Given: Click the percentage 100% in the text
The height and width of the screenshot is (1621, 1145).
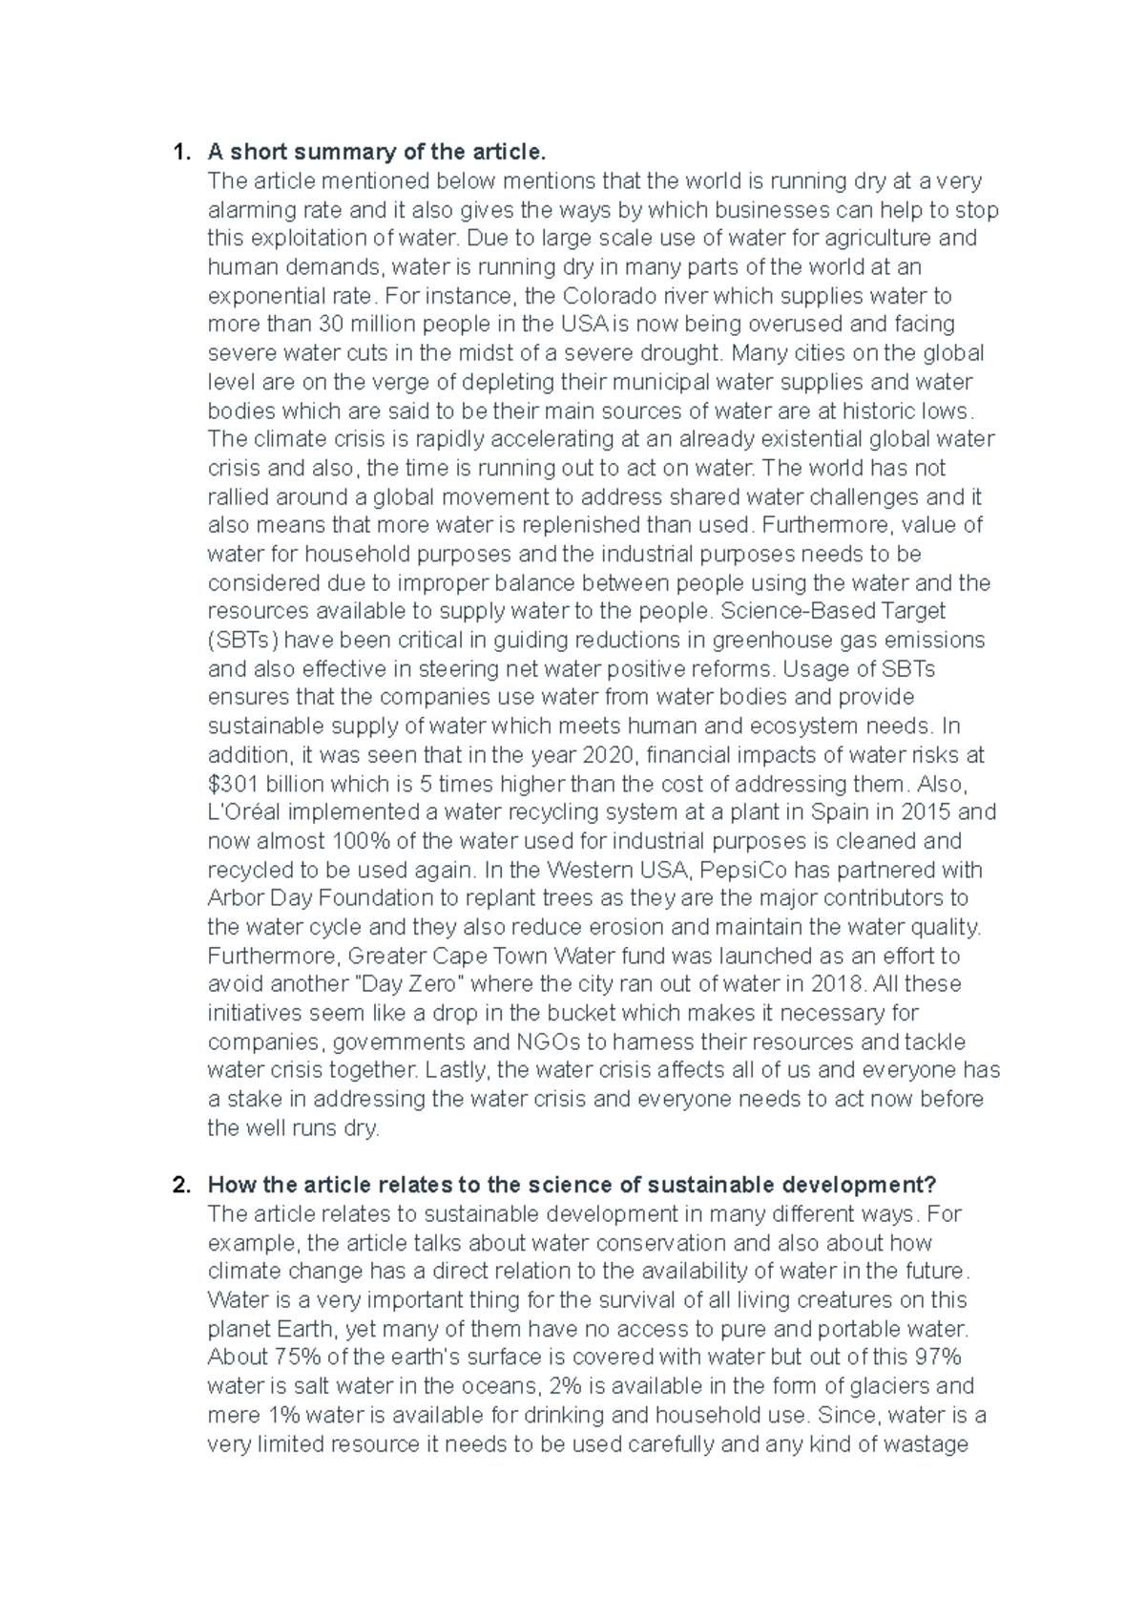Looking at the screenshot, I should (360, 842).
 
